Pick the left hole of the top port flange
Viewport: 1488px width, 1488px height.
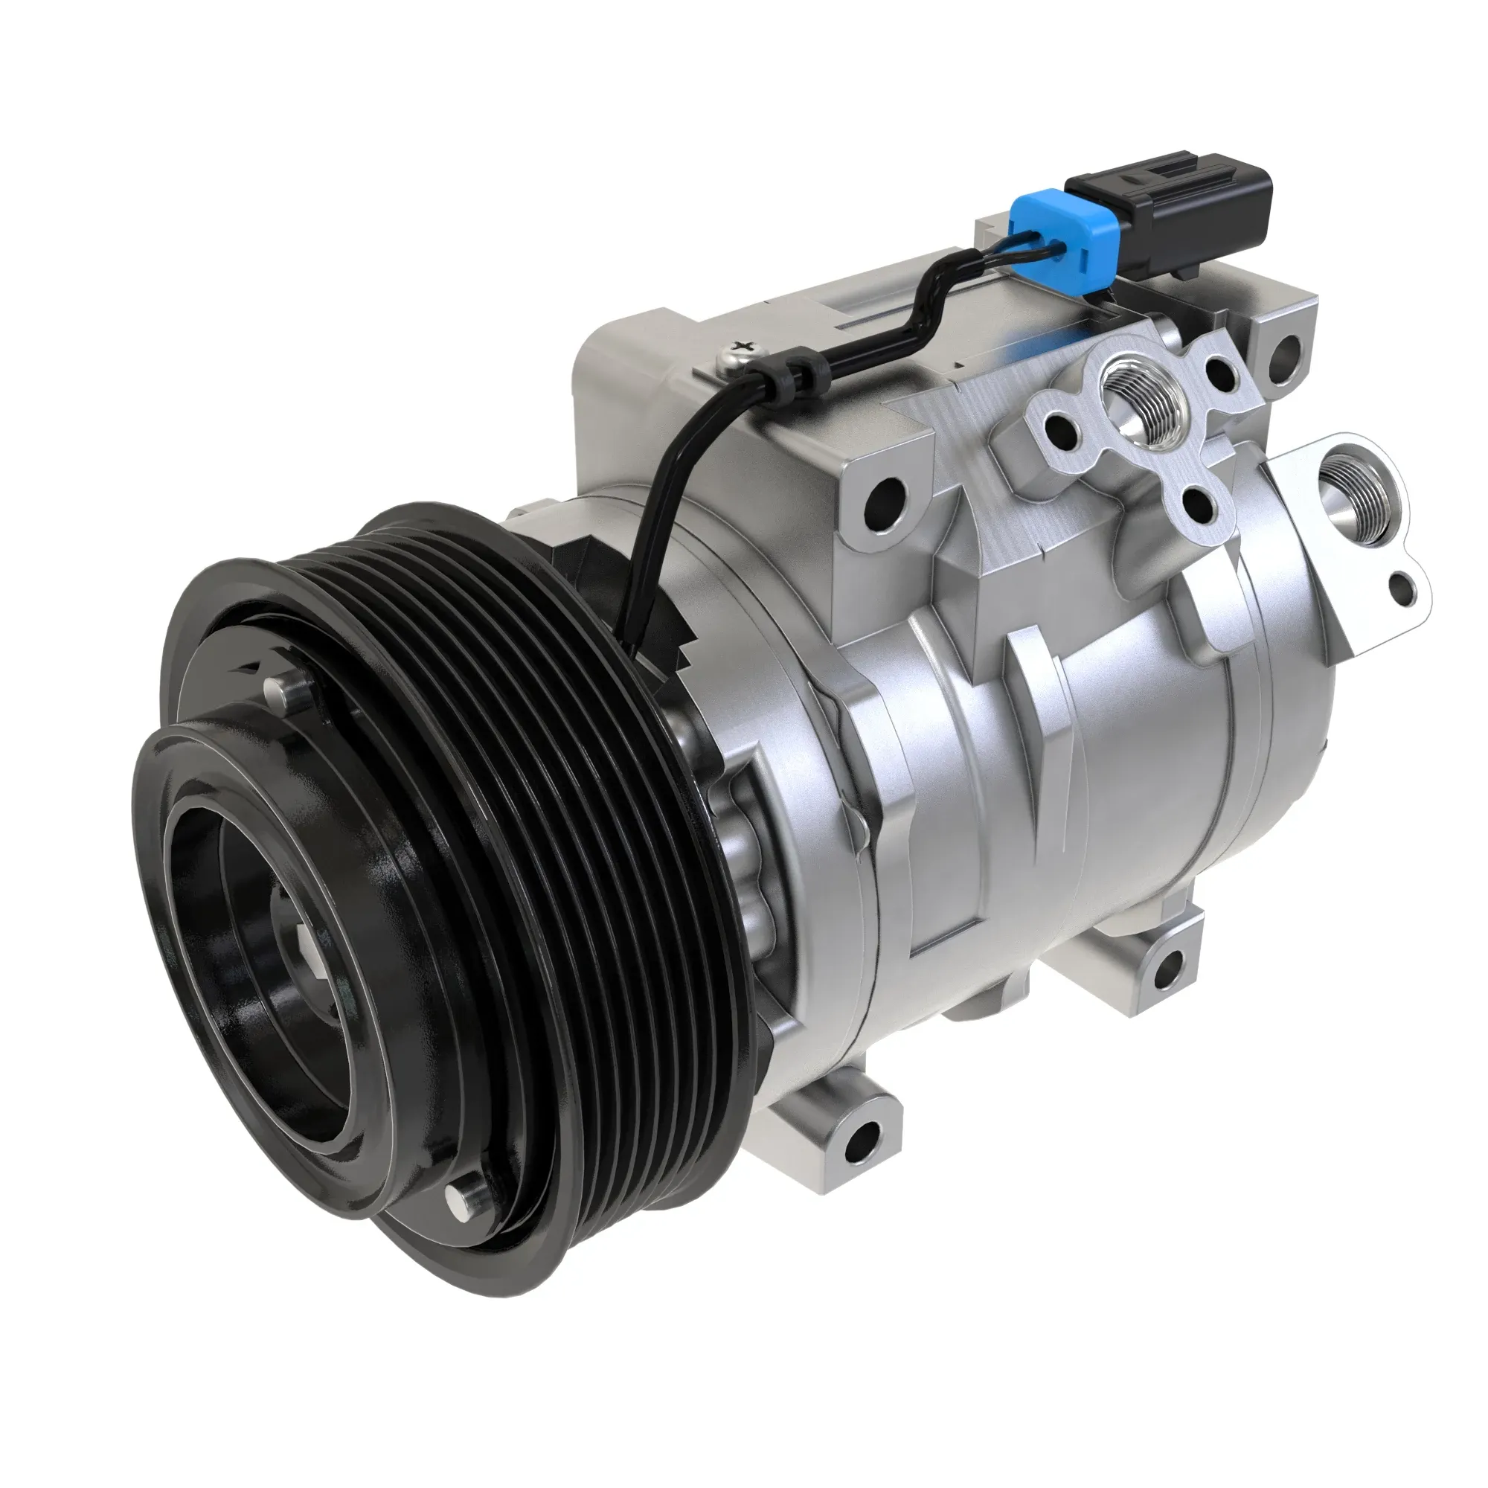click(1066, 423)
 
